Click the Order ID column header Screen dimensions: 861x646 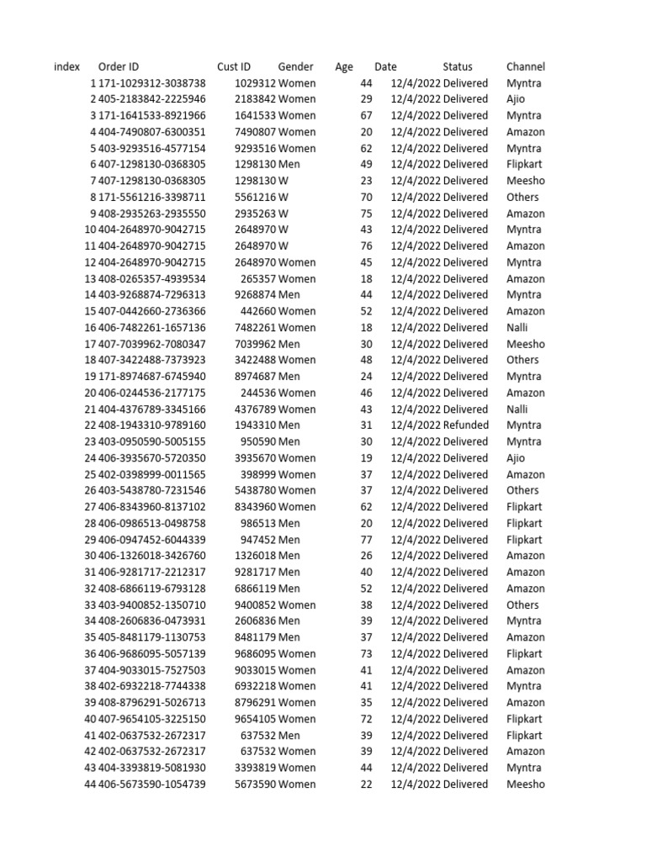tap(119, 66)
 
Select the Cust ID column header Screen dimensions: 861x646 tap(233, 66)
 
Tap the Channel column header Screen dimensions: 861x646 tap(526, 66)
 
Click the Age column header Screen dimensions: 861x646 tap(344, 66)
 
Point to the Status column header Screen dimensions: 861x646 tap(458, 66)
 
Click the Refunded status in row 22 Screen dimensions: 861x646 tap(465, 425)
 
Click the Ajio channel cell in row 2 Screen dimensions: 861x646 tap(516, 99)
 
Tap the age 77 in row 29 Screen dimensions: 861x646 tap(366, 540)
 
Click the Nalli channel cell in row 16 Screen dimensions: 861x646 tap(517, 328)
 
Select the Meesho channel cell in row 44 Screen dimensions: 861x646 tap(526, 784)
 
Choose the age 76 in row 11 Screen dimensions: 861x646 tap(366, 246)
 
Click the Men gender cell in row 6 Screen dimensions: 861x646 tap(289, 165)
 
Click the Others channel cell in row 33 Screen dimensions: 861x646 tap(523, 605)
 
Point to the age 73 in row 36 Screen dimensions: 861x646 tap(366, 654)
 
